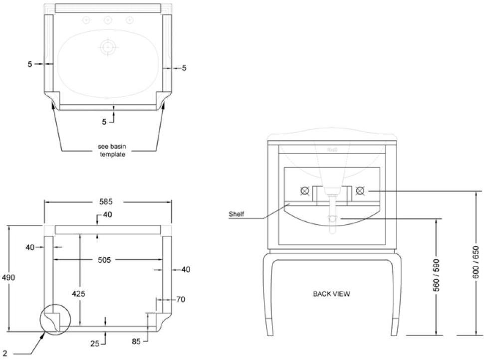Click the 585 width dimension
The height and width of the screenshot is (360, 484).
tap(106, 202)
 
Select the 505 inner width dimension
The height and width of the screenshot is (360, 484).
tap(104, 260)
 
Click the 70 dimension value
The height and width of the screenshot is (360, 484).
tap(180, 300)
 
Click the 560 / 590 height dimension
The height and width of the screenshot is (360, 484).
tap(437, 276)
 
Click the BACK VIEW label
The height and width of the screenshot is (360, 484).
tap(331, 294)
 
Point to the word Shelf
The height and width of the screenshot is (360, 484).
tap(236, 214)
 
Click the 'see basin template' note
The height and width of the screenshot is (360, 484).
tap(111, 151)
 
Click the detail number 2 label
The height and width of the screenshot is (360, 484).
tap(4, 354)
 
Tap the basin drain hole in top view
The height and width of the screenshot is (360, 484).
tap(107, 47)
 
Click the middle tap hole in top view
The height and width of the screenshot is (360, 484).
tap(107, 20)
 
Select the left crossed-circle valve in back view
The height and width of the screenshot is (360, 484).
tap(304, 190)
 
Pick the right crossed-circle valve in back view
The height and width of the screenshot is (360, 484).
tap(360, 190)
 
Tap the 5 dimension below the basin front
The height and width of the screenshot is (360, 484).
tap(105, 121)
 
